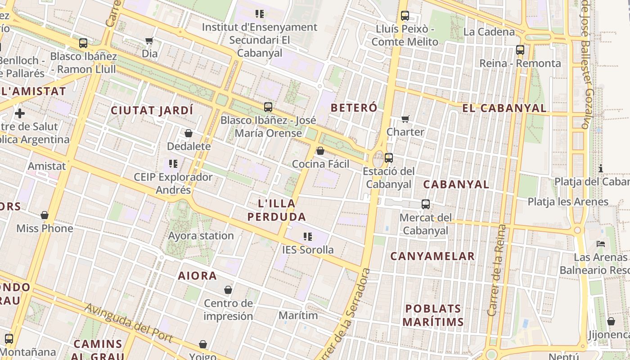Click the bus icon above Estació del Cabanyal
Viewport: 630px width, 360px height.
point(389,158)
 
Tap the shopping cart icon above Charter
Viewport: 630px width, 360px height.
point(405,119)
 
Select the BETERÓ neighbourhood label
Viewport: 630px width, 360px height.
point(354,108)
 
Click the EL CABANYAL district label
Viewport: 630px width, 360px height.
point(504,108)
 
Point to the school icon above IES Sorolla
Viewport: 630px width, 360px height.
point(308,236)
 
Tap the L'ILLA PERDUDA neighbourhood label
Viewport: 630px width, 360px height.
point(277,210)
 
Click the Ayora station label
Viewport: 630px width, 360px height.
point(201,235)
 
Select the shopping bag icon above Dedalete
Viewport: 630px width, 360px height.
point(189,133)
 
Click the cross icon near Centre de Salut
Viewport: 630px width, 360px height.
point(20,113)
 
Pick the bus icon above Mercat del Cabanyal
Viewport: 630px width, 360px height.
point(426,204)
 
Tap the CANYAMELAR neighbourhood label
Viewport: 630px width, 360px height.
point(432,256)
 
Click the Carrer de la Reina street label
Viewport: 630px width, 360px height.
point(496,270)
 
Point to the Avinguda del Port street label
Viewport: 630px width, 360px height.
point(128,323)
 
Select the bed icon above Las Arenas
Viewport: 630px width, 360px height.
point(601,244)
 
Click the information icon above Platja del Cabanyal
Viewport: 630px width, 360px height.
point(601,168)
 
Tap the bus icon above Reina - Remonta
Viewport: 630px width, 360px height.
point(520,50)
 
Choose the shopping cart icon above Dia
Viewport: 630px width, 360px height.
point(149,41)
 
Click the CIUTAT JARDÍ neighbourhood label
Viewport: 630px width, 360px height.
point(152,110)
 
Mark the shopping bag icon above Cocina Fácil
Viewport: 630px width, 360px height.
point(320,151)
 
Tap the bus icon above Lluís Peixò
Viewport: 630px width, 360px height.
point(405,16)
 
